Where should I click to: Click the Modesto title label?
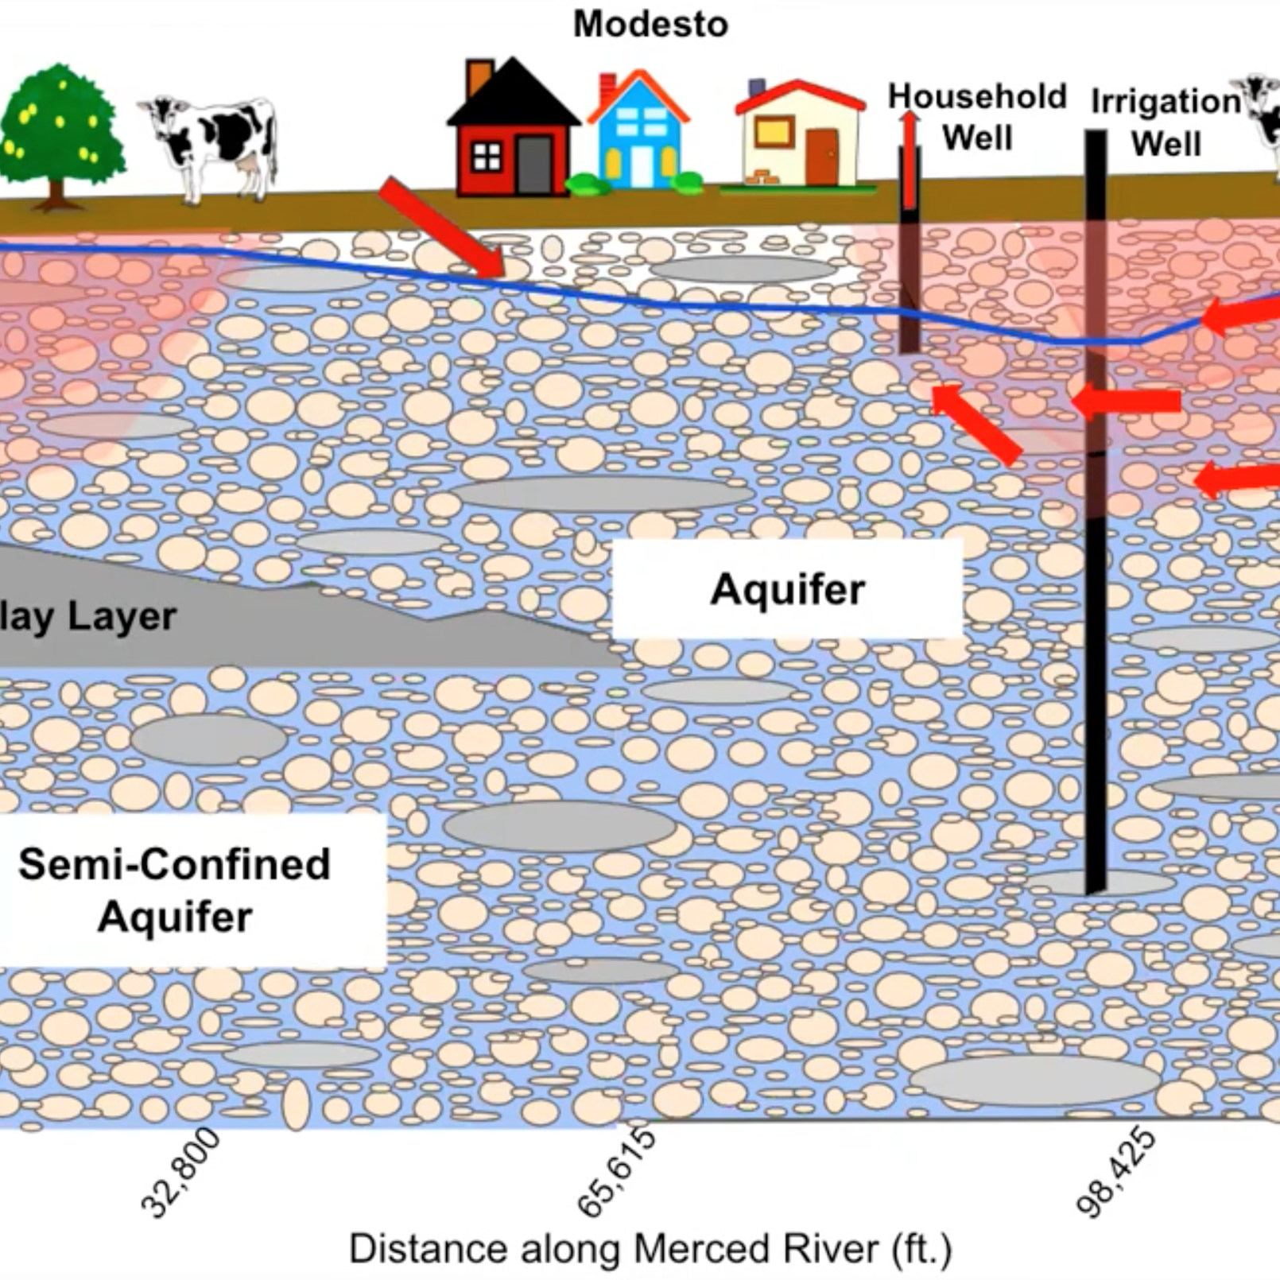pyautogui.click(x=650, y=24)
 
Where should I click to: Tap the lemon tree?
pyautogui.click(x=60, y=131)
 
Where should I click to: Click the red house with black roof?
pyautogui.click(x=513, y=135)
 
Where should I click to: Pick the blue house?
pyautogui.click(x=638, y=135)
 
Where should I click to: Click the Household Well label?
pyautogui.click(x=976, y=117)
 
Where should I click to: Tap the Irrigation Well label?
pyautogui.click(x=1166, y=122)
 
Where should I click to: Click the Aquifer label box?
pyautogui.click(x=787, y=589)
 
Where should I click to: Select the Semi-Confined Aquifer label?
pyautogui.click(x=175, y=890)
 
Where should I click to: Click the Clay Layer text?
pyautogui.click(x=87, y=616)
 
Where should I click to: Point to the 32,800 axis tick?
pyautogui.click(x=180, y=1173)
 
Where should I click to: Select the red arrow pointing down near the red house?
pyautogui.click(x=441, y=228)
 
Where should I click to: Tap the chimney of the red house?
pyautogui.click(x=479, y=77)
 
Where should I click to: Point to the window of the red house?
pyautogui.click(x=487, y=157)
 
